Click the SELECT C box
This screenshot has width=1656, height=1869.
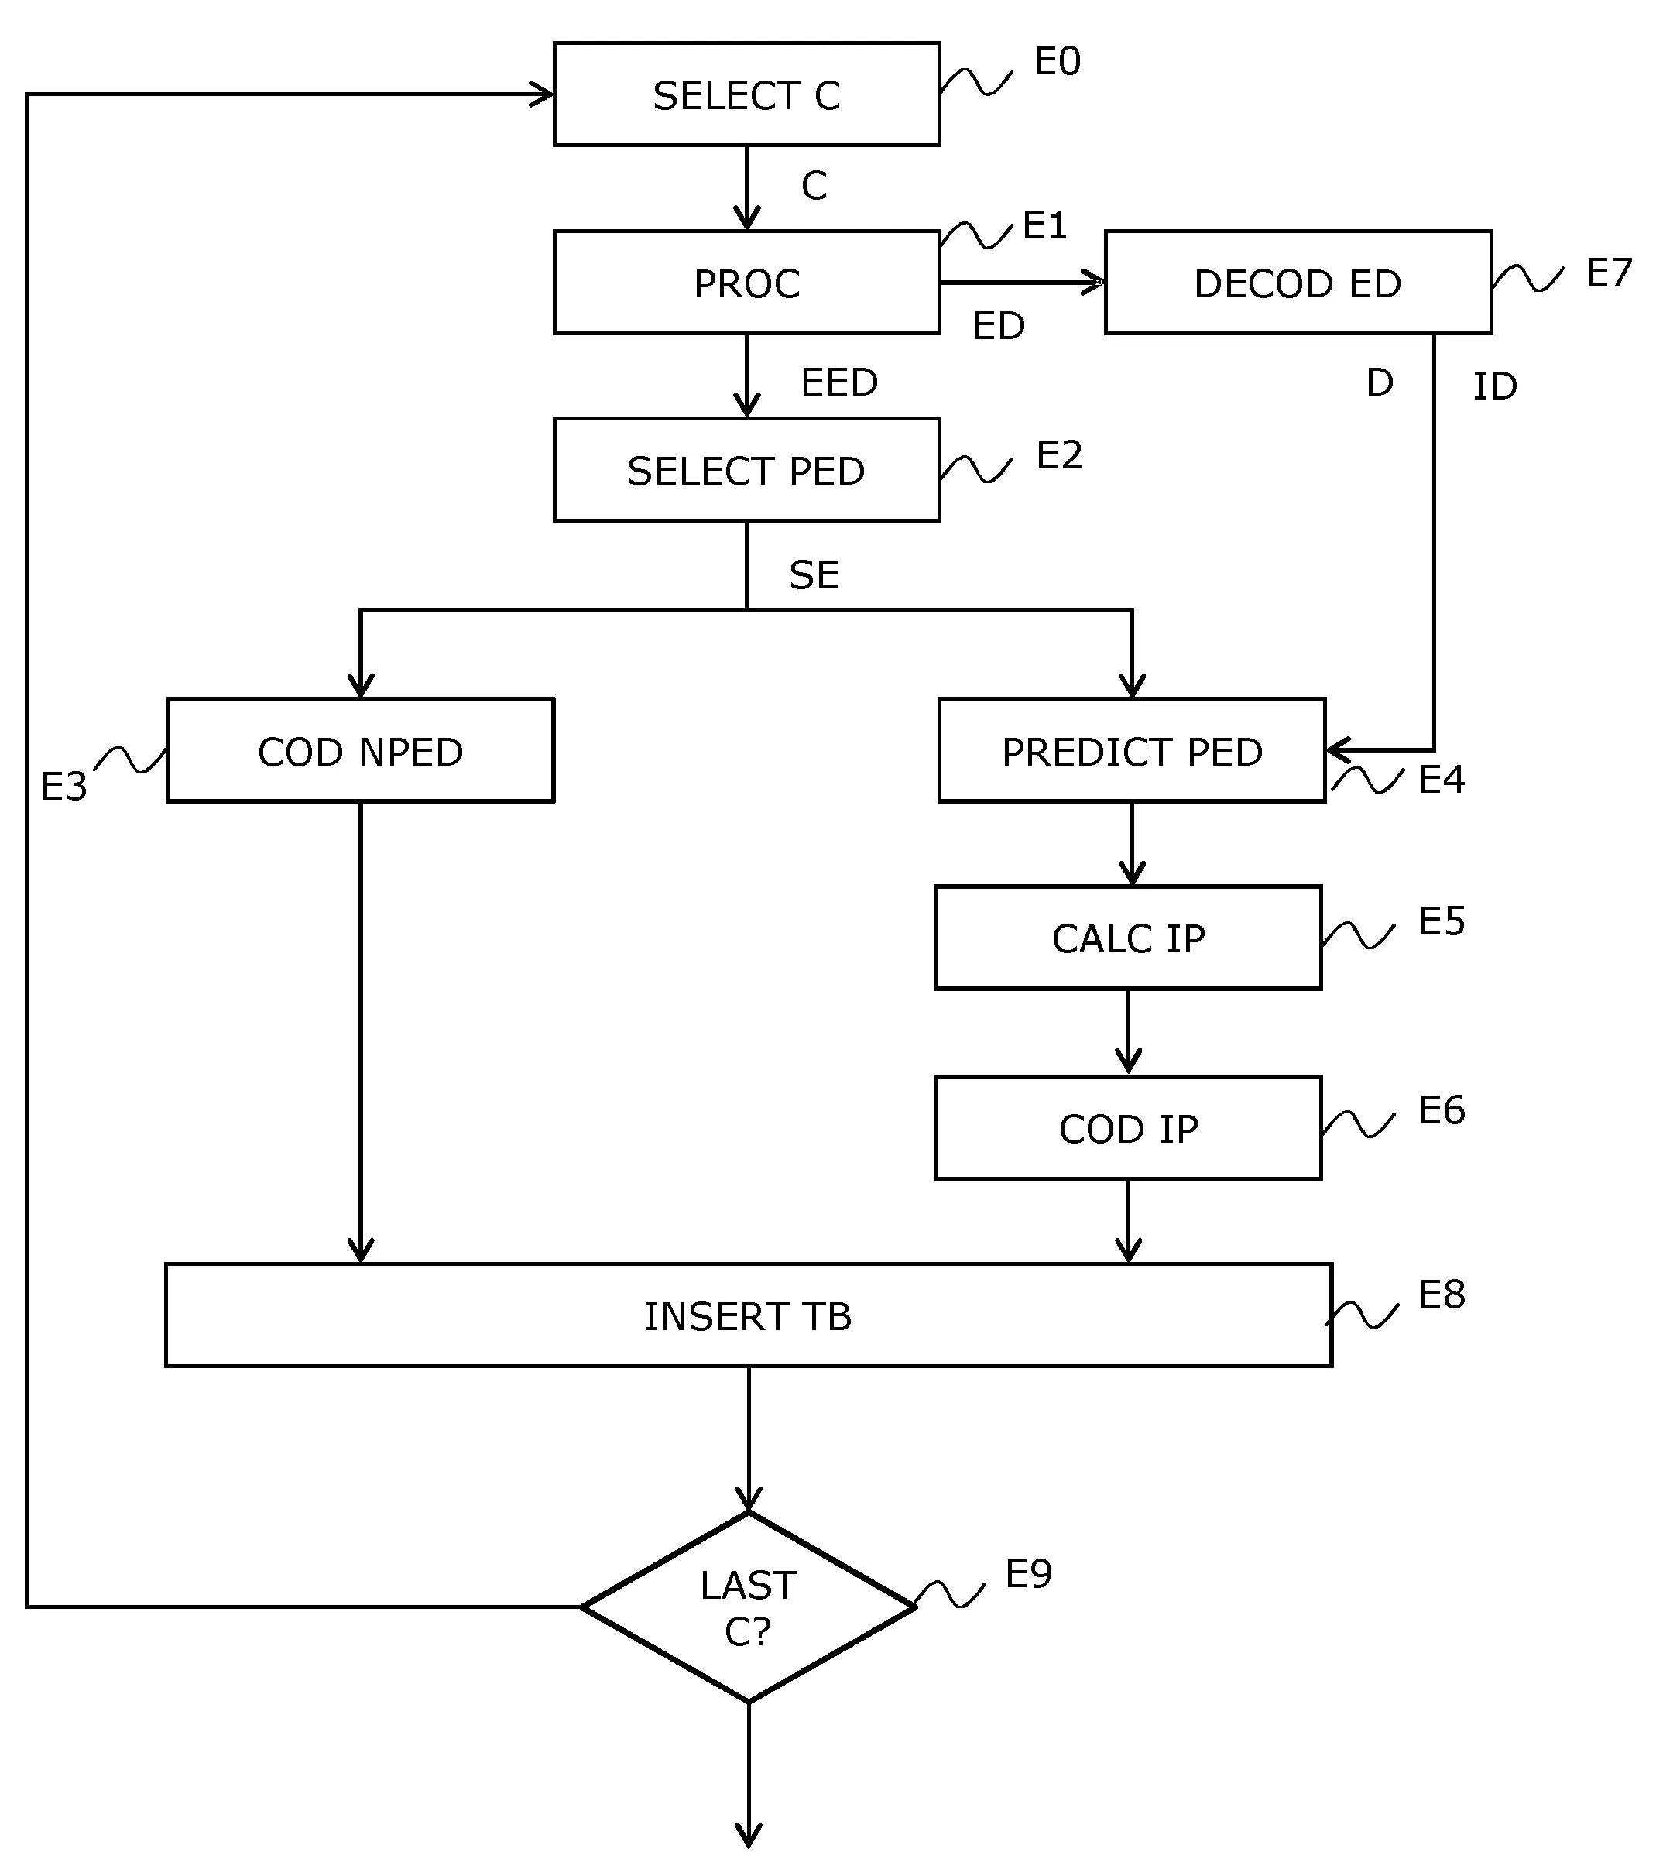pos(746,94)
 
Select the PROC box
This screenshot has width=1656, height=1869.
pos(746,283)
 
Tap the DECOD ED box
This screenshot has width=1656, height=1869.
pos(1298,283)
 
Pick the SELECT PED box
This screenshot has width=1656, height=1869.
pos(746,470)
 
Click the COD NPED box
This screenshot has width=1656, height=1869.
pos(360,751)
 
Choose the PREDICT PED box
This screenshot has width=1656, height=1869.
pos(1131,751)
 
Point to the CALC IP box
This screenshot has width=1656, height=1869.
pos(1127,938)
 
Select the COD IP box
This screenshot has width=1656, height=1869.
pos(1127,1127)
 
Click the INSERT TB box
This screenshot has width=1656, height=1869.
pos(748,1315)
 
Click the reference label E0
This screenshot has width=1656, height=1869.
pos(1057,62)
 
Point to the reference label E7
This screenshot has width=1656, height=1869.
pos(1609,273)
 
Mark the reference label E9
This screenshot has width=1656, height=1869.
pos(1028,1574)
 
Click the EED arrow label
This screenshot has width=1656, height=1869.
pos(838,382)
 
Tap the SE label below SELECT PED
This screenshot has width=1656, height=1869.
pos(813,575)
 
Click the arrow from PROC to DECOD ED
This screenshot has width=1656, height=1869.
pos(1021,283)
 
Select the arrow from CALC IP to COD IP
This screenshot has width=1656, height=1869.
pos(1127,1032)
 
